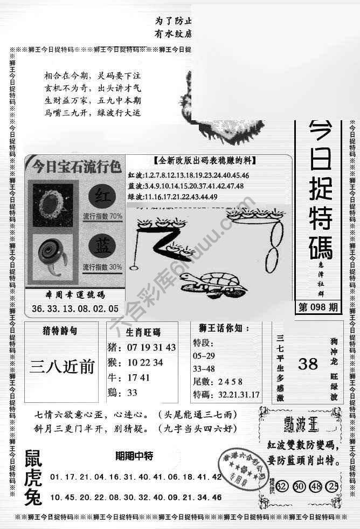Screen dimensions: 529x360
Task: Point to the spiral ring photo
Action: point(51,253)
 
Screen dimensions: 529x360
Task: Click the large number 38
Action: point(308,364)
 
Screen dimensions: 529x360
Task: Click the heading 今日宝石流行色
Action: point(77,164)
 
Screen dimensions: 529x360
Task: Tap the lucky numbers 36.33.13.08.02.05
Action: point(75,309)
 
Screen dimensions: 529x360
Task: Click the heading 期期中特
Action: point(134,456)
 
